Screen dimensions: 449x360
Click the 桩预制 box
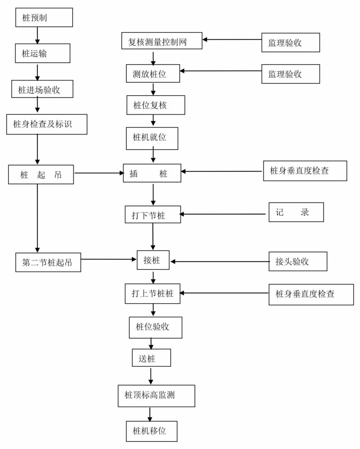point(44,18)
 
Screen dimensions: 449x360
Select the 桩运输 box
point(43,53)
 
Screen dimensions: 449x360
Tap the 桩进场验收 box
point(42,89)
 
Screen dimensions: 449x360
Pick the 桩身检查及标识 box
point(47,124)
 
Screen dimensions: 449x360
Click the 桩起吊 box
point(41,174)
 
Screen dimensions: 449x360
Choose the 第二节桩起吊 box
point(48,263)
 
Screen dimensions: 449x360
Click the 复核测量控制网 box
point(162,41)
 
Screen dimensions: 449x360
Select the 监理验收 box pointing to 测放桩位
point(290,74)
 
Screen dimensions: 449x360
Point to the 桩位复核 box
point(156,105)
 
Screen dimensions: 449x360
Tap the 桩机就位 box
point(152,138)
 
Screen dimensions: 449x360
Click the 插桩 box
point(152,173)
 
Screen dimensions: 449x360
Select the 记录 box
point(296,212)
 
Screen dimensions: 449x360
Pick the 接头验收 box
point(298,262)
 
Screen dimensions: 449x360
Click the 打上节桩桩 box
point(152,294)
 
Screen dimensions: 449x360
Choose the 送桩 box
point(151,358)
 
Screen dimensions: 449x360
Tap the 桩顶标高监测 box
point(156,396)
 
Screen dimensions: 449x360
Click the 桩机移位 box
point(151,431)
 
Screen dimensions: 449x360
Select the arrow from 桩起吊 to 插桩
point(99,173)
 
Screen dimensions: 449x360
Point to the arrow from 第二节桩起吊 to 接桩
point(109,259)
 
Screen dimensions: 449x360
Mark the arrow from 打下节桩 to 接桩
point(153,237)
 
